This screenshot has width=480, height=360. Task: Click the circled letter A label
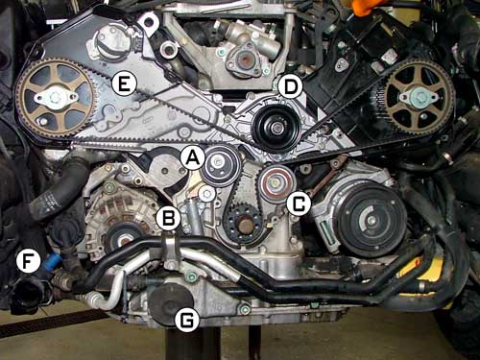(192, 158)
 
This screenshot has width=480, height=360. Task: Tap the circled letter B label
(169, 219)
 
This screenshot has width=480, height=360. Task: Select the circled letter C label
(299, 204)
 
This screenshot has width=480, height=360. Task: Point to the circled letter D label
(290, 86)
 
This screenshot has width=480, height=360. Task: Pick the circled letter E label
(124, 84)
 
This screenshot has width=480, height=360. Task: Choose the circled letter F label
(29, 261)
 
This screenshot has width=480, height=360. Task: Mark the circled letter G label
(187, 319)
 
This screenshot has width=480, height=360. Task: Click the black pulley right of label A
(221, 165)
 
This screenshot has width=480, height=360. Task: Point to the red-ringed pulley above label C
(276, 183)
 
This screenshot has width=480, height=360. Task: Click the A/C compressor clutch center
(371, 220)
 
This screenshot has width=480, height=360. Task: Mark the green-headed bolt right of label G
(246, 309)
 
